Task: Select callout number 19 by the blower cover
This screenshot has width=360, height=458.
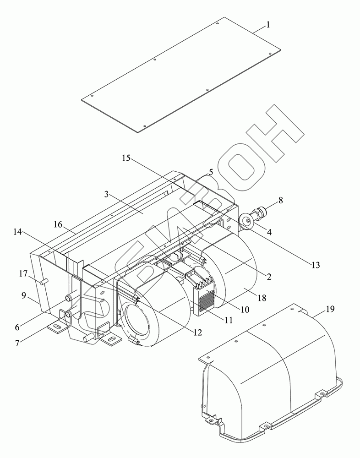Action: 330,309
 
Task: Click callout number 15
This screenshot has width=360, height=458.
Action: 126,158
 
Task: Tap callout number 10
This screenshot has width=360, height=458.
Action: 245,310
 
